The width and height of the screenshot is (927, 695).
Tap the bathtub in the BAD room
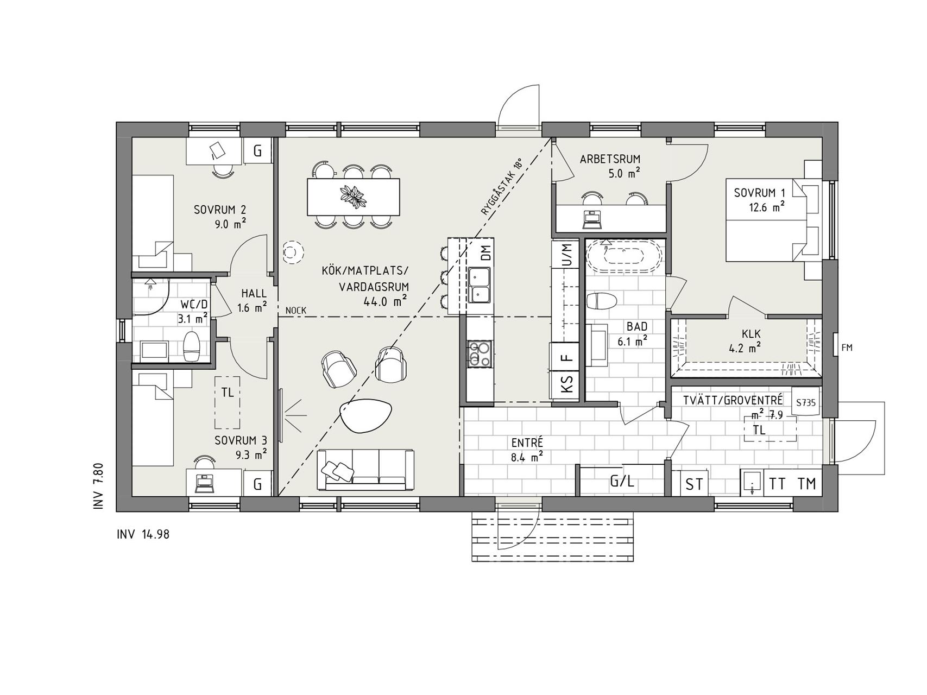(624, 256)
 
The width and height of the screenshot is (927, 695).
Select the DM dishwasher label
(485, 253)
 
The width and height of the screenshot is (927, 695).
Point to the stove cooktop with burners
(480, 353)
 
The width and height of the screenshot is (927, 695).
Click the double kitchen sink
(480, 286)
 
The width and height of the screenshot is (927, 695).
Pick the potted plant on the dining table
(354, 196)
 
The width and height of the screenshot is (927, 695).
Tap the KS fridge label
(566, 386)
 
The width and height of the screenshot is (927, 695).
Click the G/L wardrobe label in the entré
(622, 481)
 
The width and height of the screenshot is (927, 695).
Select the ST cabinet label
(694, 484)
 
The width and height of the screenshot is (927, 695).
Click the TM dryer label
(806, 484)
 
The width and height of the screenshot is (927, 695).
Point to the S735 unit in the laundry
(805, 403)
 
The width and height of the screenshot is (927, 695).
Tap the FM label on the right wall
(847, 347)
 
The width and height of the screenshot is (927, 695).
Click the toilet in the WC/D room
(192, 346)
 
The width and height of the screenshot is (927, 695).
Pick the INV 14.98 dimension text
(143, 534)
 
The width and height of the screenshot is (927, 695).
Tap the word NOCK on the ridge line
(295, 311)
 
